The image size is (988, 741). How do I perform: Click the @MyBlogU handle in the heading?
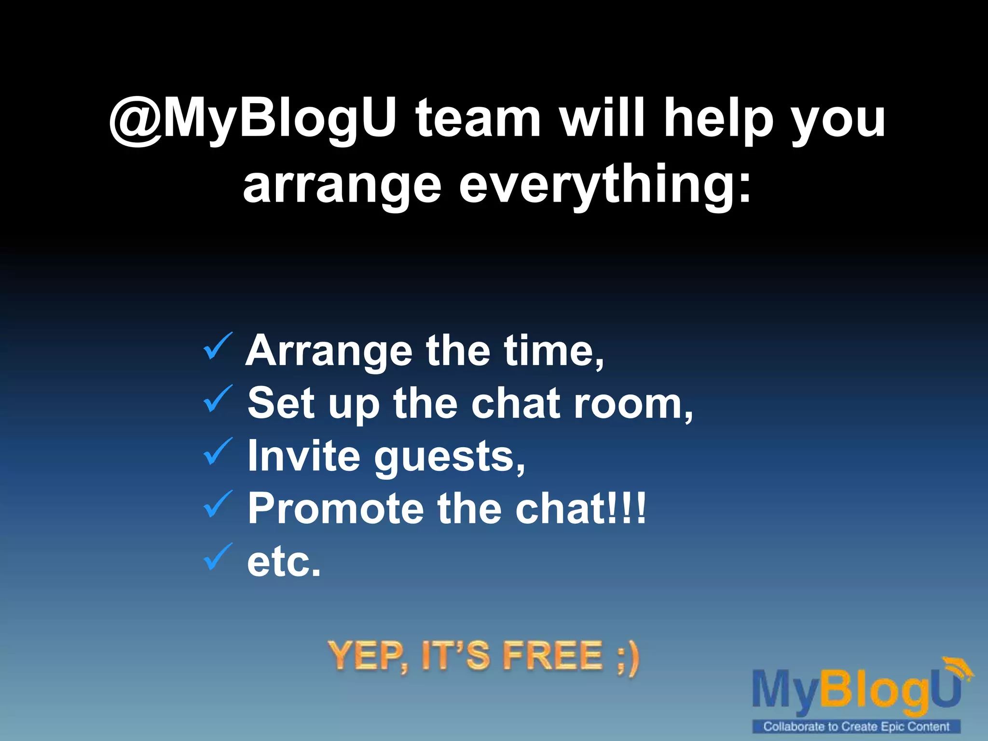253,118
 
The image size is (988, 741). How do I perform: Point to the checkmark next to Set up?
218,399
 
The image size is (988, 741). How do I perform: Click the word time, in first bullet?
553,351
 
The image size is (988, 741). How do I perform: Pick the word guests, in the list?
449,457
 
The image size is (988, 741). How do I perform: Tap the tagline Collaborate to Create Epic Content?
856,727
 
